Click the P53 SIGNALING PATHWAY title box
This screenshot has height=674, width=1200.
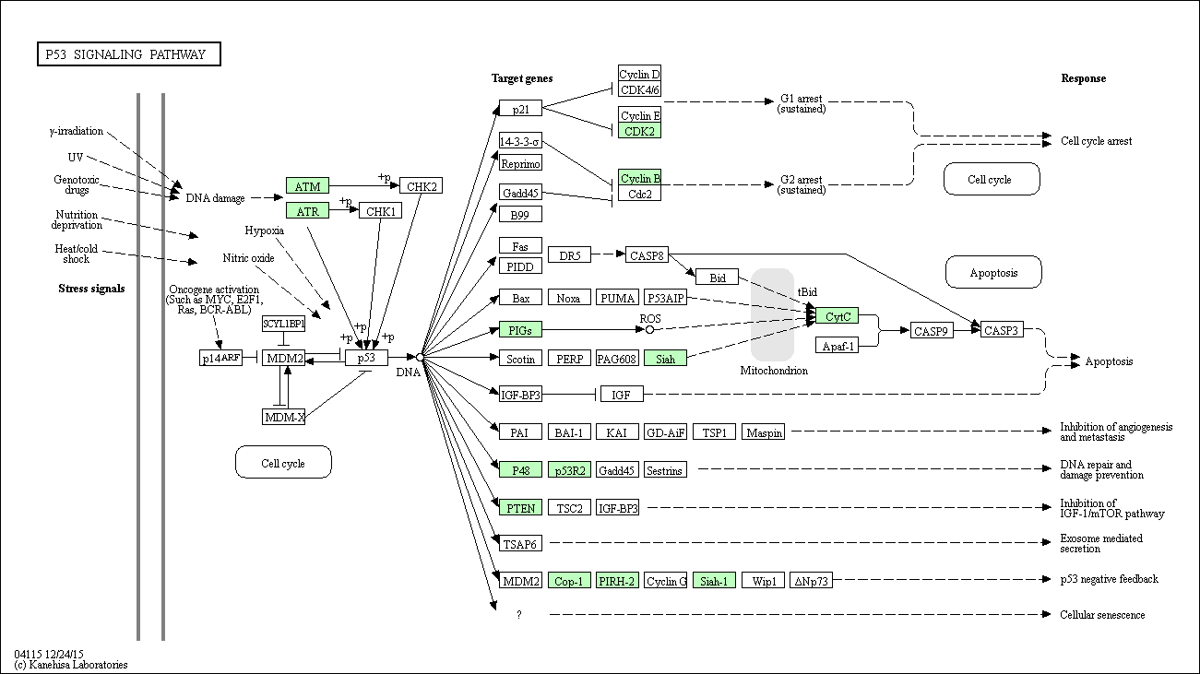tap(129, 54)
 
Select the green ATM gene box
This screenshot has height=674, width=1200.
tap(307, 186)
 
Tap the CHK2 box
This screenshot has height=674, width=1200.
tap(421, 186)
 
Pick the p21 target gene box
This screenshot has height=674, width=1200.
tap(519, 108)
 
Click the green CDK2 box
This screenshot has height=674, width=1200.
tap(639, 131)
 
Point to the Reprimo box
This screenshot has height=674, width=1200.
tap(520, 163)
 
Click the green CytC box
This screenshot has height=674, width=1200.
tap(837, 316)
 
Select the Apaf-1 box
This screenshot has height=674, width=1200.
tap(837, 345)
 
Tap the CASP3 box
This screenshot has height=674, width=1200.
tap(1001, 329)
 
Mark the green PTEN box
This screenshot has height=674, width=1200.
tap(519, 507)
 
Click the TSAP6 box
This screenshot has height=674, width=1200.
tap(519, 544)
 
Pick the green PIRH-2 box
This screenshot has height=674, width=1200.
tap(617, 581)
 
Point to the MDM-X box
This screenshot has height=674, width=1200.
tap(283, 417)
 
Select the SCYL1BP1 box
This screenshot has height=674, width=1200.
tap(283, 324)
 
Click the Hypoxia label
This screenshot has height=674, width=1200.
tap(265, 230)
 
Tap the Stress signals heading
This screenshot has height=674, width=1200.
tap(91, 289)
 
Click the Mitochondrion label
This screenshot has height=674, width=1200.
tap(774, 371)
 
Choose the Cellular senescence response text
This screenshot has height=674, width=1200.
tap(1102, 615)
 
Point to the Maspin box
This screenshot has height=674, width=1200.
tap(764, 432)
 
